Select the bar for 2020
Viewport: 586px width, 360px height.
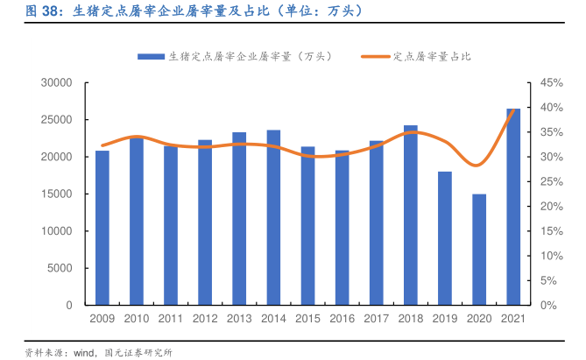[479, 250]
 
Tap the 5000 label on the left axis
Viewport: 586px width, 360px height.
[60, 268]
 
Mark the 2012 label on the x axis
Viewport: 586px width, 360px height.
[205, 319]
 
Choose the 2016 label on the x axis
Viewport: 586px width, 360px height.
[342, 319]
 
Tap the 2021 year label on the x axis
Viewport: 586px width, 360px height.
[513, 319]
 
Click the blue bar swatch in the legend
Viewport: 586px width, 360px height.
[151, 56]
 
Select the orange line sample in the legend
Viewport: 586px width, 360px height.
[375, 56]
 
